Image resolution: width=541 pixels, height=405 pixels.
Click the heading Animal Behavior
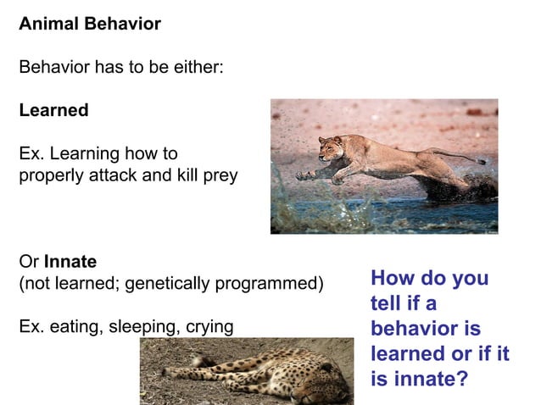tap(89, 24)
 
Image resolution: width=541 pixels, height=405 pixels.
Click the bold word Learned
tap(53, 111)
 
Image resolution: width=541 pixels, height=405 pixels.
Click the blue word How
tap(393, 279)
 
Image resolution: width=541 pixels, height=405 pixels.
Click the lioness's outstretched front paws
tap(305, 175)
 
